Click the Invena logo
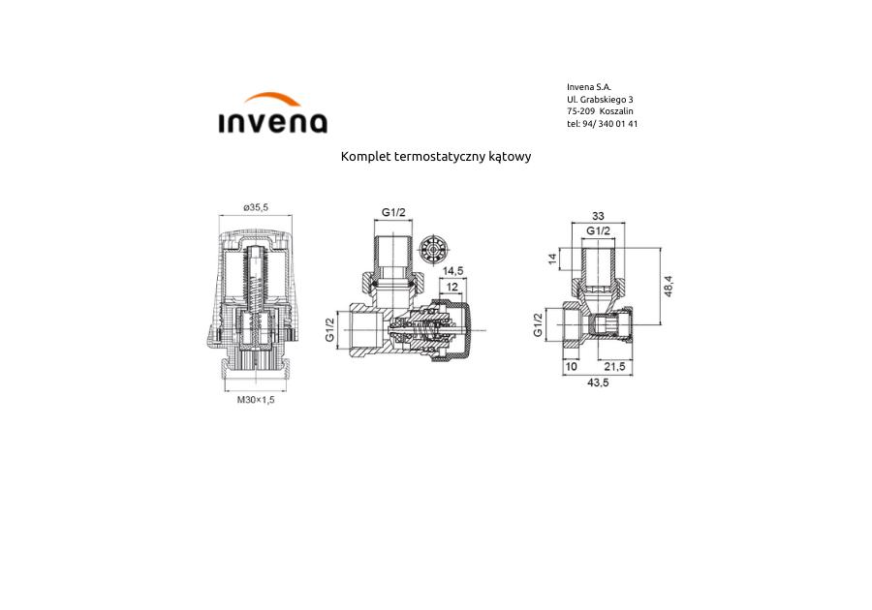272,113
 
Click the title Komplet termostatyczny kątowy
436,156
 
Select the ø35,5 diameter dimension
256,207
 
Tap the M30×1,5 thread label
256,400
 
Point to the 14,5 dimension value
452,270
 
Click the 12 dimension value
452,287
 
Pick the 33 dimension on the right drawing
598,216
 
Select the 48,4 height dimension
668,286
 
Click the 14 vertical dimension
552,259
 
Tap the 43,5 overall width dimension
598,382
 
